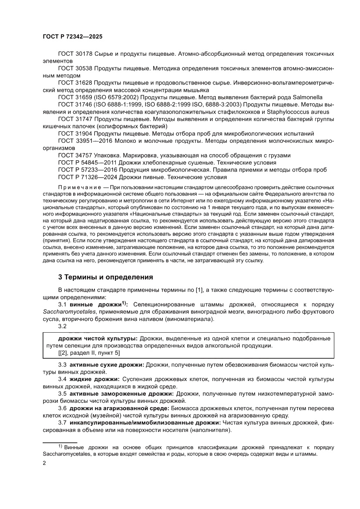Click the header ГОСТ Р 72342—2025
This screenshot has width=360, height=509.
(72, 37)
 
